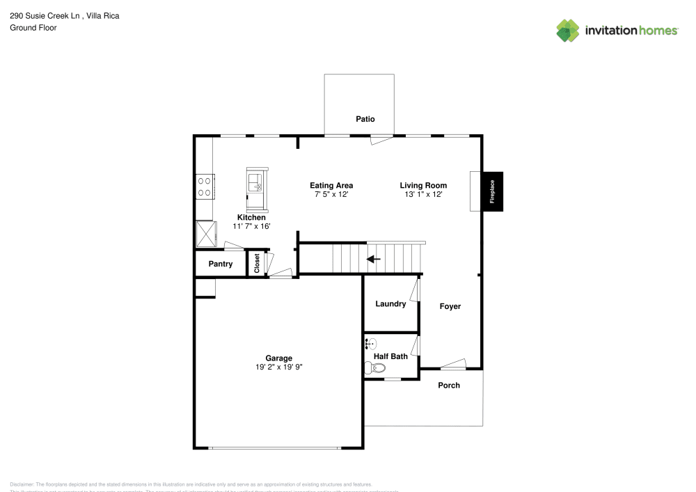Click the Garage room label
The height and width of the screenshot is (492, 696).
coord(278,358)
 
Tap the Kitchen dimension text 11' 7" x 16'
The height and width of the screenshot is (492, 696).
coord(251,226)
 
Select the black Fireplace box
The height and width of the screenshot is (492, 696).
coord(493,191)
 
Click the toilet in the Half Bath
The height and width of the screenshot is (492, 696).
coord(374,369)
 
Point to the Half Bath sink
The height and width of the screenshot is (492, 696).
coord(371,343)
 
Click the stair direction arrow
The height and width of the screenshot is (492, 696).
coord(374,260)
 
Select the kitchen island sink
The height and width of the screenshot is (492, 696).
coord(255,184)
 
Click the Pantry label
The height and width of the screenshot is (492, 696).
coord(221,264)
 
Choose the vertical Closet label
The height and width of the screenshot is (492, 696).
coord(257,263)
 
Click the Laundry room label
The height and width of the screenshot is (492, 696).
coord(390,304)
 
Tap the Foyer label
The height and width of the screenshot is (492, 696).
coord(450,306)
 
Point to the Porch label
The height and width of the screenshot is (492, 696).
coord(449,386)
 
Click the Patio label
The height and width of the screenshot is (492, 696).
coord(365,119)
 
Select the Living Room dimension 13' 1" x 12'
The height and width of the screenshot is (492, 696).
coord(423,195)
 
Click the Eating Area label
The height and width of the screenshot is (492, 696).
coord(331,185)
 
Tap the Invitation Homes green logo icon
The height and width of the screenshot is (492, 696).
coord(568,31)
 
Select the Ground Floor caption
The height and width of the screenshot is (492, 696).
coord(33,28)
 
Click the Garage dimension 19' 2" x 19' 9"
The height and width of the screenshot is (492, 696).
coord(278,367)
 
